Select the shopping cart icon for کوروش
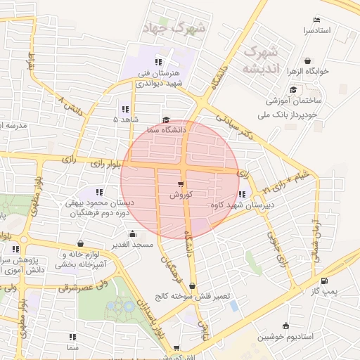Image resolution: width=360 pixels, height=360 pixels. pos(181,184)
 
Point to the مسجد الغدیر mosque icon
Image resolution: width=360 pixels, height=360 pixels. pos(132,234)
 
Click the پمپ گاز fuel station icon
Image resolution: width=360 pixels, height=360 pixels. pos(303,290)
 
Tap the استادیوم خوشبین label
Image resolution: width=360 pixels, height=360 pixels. pos(285,336)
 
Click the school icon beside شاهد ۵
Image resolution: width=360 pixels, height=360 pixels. pos(124,109)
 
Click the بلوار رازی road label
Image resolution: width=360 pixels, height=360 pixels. pos(105,164)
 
